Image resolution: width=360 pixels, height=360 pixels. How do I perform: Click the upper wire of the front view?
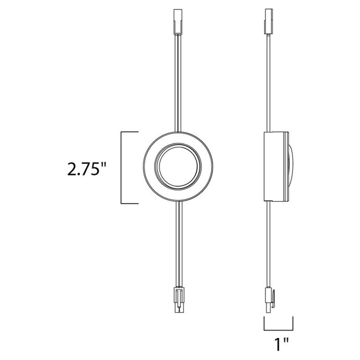click(178, 83)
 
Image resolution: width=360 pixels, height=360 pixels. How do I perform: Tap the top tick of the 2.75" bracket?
click(129, 132)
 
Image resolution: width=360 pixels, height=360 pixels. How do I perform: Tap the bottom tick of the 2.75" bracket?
click(129, 204)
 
